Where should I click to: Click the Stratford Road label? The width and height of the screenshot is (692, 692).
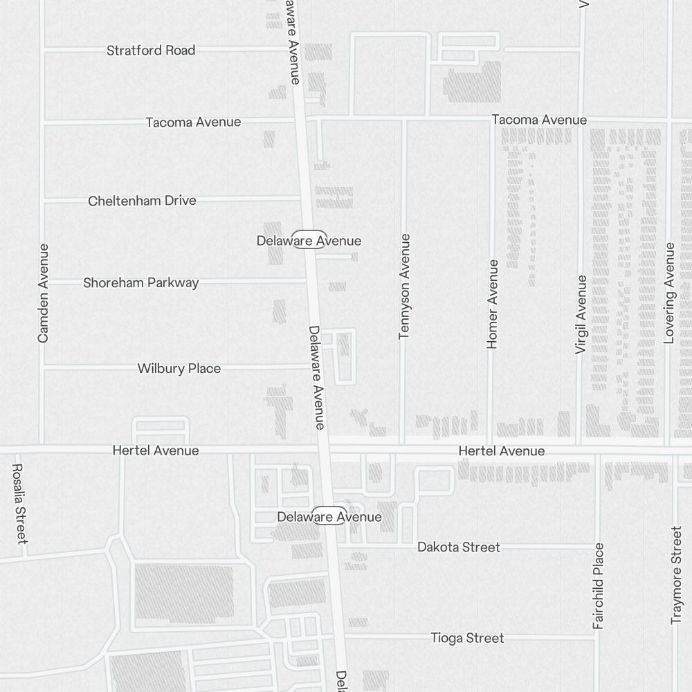[151, 51]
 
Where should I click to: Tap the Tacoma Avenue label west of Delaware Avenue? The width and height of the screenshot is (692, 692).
[193, 122]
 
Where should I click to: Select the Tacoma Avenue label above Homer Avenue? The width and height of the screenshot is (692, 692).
[539, 120]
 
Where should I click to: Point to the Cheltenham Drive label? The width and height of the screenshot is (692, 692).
[142, 201]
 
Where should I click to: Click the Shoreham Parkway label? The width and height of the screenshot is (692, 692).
[140, 282]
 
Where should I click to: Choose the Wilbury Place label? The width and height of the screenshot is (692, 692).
[179, 368]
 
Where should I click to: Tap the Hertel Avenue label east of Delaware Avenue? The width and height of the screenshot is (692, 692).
[501, 451]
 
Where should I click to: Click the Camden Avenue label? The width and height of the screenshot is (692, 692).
[44, 293]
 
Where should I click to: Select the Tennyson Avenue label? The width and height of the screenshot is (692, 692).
[405, 286]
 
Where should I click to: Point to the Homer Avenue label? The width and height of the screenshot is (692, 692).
[493, 304]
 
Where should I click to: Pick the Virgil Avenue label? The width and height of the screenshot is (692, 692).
[581, 315]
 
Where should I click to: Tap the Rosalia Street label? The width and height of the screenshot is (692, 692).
[19, 503]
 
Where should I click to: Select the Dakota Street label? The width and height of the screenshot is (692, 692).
[458, 547]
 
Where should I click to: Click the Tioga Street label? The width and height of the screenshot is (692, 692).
[467, 638]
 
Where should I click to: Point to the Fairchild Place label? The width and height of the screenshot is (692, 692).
[599, 586]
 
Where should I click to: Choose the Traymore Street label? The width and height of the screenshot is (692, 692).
[677, 575]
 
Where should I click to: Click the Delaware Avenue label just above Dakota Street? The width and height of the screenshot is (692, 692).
[329, 517]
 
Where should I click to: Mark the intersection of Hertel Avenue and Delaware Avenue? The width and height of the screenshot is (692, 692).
[323, 450]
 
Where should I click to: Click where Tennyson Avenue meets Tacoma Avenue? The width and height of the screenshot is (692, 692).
[404, 119]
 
